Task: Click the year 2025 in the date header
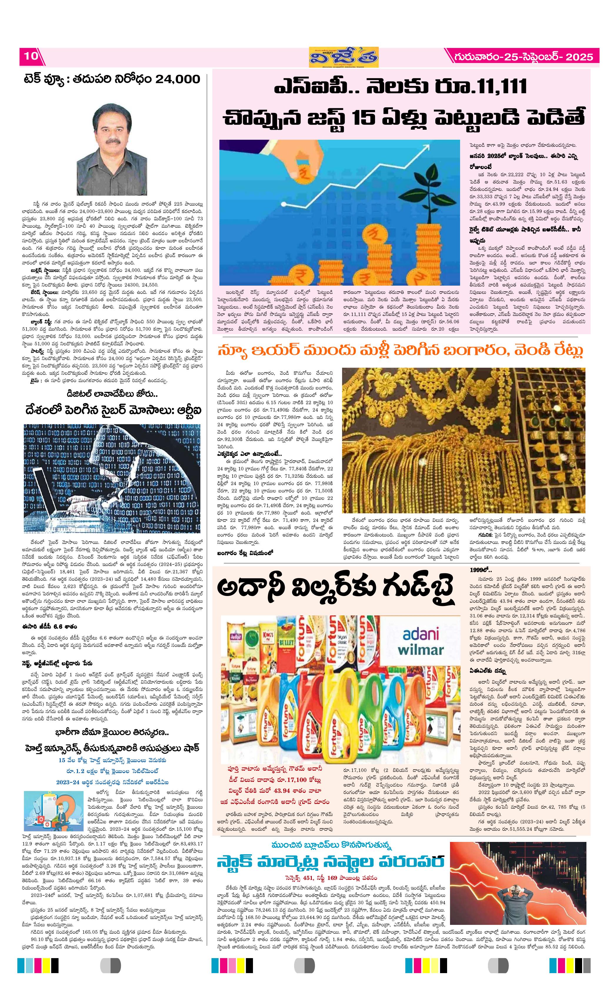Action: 580,57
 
